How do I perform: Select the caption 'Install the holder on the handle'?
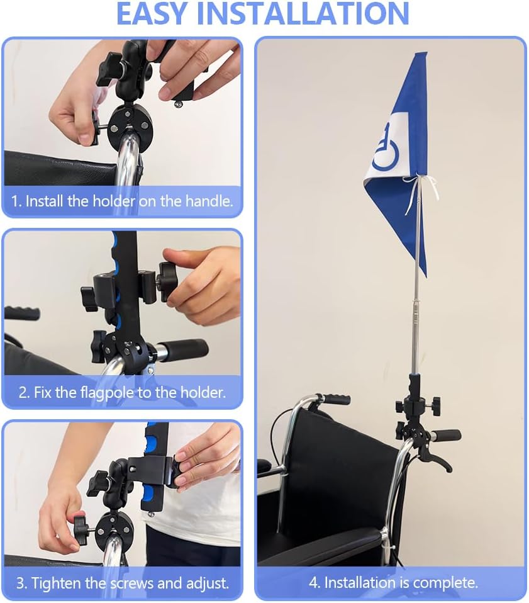click(122, 202)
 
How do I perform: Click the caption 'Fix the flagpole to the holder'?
click(122, 393)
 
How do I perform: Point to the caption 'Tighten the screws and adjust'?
click(122, 583)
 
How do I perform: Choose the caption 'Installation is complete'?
click(393, 583)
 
